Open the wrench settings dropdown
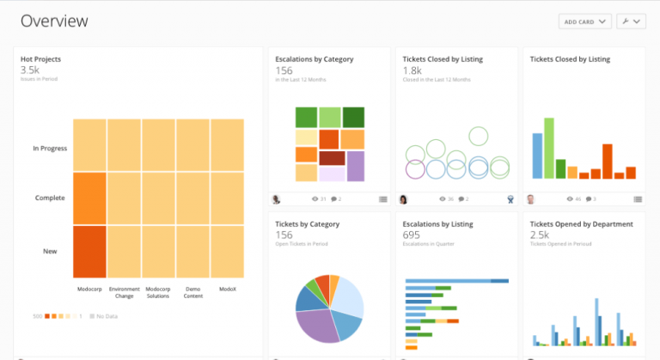coord(631,21)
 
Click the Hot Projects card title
coord(41,59)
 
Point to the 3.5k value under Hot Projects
coord(30,70)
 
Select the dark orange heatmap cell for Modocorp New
coord(89,251)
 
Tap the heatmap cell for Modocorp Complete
coord(89,198)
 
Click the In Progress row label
coord(50,149)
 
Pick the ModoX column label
coord(227,290)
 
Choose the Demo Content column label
coord(192,292)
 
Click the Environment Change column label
coord(124,292)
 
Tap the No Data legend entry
coord(105,316)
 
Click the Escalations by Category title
coord(314,59)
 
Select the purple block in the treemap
coord(355,167)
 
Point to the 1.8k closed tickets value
coord(412,70)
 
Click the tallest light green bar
coord(548,148)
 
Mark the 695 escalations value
coord(411,235)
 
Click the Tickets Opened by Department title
coord(581,224)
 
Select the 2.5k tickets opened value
coord(540,235)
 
